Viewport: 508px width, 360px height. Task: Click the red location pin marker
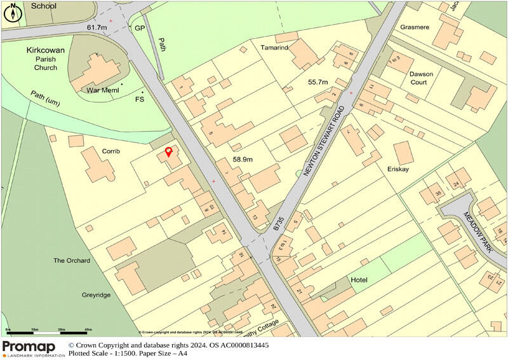click(168, 152)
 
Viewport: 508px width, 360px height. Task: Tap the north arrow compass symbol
click(13, 13)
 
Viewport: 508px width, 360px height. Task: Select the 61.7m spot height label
click(99, 29)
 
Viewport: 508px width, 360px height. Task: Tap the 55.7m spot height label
click(317, 83)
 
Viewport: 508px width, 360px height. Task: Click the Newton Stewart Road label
click(325, 141)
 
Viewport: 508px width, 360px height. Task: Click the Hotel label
click(359, 280)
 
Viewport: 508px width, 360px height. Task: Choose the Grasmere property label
click(415, 28)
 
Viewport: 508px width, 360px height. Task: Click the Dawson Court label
click(421, 78)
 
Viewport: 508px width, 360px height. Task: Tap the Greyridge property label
click(97, 295)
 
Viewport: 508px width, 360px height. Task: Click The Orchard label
click(72, 261)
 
